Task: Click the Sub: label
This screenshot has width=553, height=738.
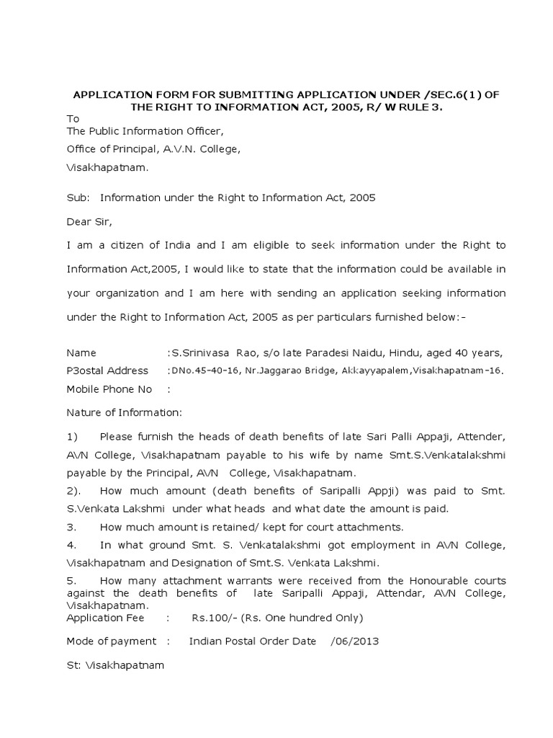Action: [x=77, y=197]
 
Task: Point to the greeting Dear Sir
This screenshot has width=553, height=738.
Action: [x=90, y=221]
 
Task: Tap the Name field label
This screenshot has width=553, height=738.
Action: [x=81, y=353]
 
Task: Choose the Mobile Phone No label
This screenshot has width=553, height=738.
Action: [x=109, y=389]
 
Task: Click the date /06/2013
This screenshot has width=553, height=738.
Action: [x=355, y=641]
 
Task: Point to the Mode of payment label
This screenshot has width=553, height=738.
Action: [x=111, y=641]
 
